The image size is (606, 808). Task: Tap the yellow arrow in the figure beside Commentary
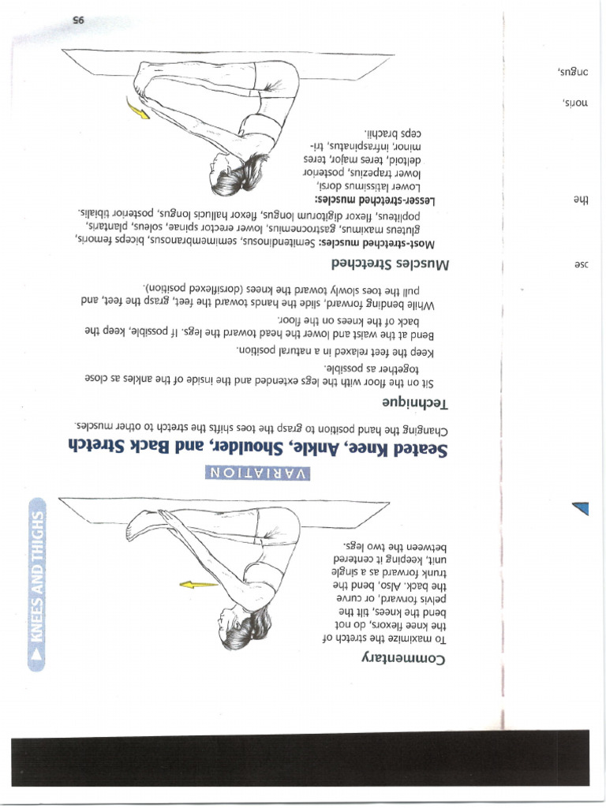pos(197,585)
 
